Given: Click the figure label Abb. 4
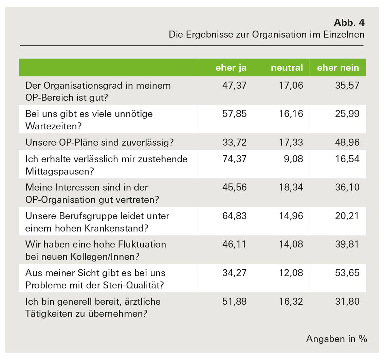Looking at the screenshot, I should pyautogui.click(x=349, y=22).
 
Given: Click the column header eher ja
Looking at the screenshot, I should pyautogui.click(x=231, y=68).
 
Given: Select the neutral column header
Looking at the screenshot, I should pyautogui.click(x=287, y=68).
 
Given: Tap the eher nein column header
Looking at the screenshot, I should pyautogui.click(x=338, y=68).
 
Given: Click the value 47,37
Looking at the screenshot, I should pyautogui.click(x=234, y=85).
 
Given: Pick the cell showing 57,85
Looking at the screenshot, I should pyautogui.click(x=234, y=114).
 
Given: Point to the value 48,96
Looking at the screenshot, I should pyautogui.click(x=347, y=142).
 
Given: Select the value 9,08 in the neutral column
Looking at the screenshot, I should pyautogui.click(x=294, y=159).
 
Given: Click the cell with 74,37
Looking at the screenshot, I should pyautogui.click(x=234, y=159).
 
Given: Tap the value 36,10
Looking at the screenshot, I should pyautogui.click(x=347, y=187).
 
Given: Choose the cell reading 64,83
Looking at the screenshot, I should pyautogui.click(x=234, y=216).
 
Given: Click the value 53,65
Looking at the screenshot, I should pyautogui.click(x=347, y=273).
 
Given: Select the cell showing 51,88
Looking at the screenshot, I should pyautogui.click(x=234, y=301).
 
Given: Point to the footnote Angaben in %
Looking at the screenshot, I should pyautogui.click(x=336, y=339).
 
